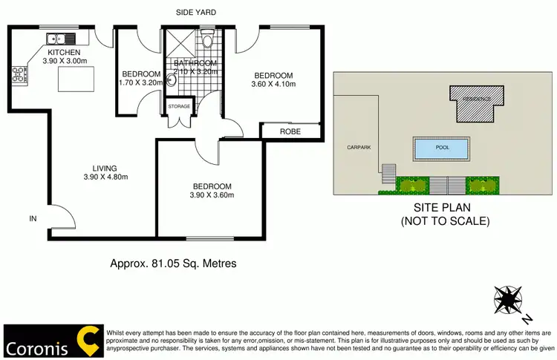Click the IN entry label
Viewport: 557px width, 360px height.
click(x=32, y=218)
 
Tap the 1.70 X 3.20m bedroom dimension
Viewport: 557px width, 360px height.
click(x=140, y=84)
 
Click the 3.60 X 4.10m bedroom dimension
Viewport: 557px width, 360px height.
click(x=273, y=85)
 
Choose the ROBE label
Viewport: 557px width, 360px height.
click(x=290, y=131)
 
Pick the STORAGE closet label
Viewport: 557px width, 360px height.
click(x=180, y=107)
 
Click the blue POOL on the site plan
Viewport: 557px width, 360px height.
click(x=442, y=148)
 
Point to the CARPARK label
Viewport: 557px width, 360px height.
click(x=358, y=147)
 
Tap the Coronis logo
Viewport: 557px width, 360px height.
click(x=52, y=341)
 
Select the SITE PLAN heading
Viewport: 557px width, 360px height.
click(x=443, y=209)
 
